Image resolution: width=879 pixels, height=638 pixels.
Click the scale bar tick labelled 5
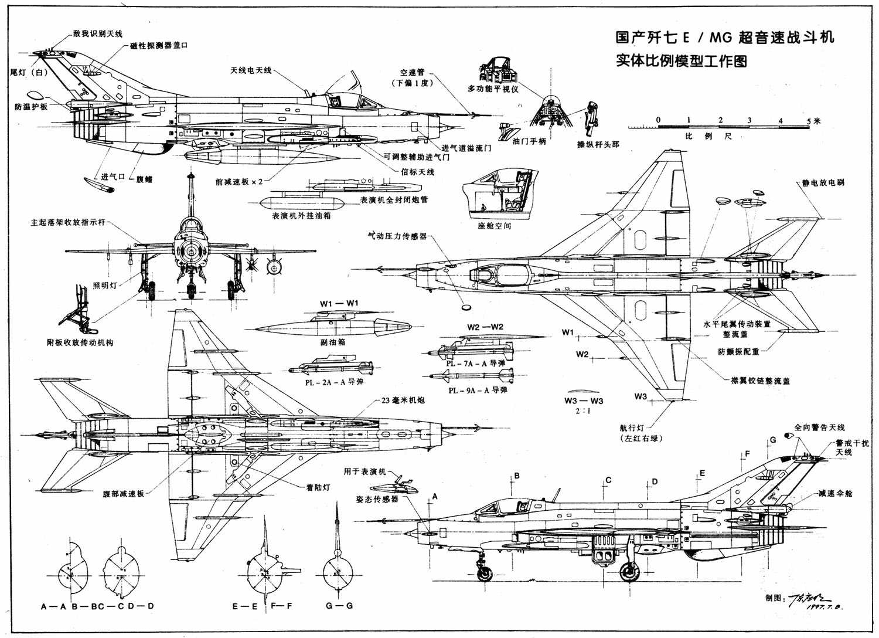(x=809, y=120)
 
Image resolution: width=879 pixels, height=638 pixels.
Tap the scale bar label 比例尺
(x=708, y=136)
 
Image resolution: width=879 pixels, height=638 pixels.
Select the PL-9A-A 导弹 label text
(x=478, y=390)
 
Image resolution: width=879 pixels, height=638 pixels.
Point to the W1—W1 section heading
(x=339, y=303)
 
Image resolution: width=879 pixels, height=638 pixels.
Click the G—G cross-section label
(x=339, y=606)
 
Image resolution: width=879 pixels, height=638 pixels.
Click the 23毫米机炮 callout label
(x=403, y=401)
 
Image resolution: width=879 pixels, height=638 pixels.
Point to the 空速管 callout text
(x=412, y=73)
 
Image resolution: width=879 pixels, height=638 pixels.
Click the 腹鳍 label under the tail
(x=144, y=179)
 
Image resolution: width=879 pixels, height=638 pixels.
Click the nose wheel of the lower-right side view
(x=485, y=573)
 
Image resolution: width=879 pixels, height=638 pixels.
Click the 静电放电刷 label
(x=823, y=183)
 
